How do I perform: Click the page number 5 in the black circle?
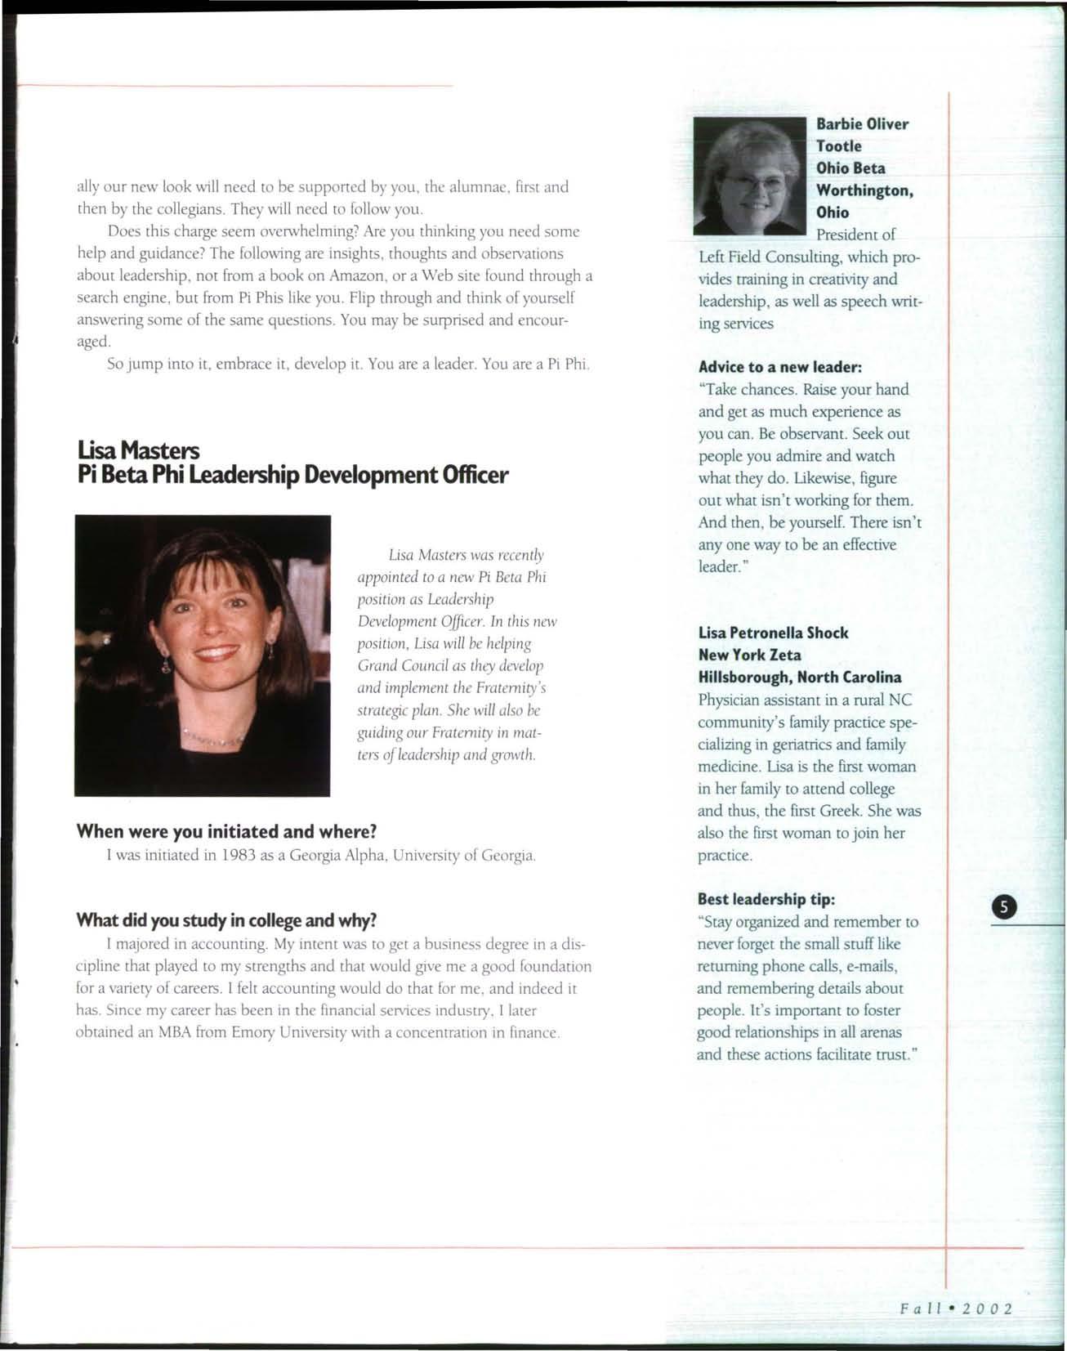point(1003,906)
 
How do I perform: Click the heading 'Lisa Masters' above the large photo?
point(137,450)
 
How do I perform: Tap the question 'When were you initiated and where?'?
point(226,831)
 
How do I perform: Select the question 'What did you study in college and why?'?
point(226,920)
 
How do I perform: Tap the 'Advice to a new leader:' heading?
point(780,367)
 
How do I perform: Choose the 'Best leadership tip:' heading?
point(766,899)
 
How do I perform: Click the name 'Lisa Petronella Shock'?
point(773,633)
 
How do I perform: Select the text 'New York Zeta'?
point(749,655)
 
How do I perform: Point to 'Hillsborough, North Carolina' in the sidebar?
point(800,677)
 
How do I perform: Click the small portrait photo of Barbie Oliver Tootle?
point(749,176)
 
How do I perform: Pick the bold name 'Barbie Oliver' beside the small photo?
point(862,124)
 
